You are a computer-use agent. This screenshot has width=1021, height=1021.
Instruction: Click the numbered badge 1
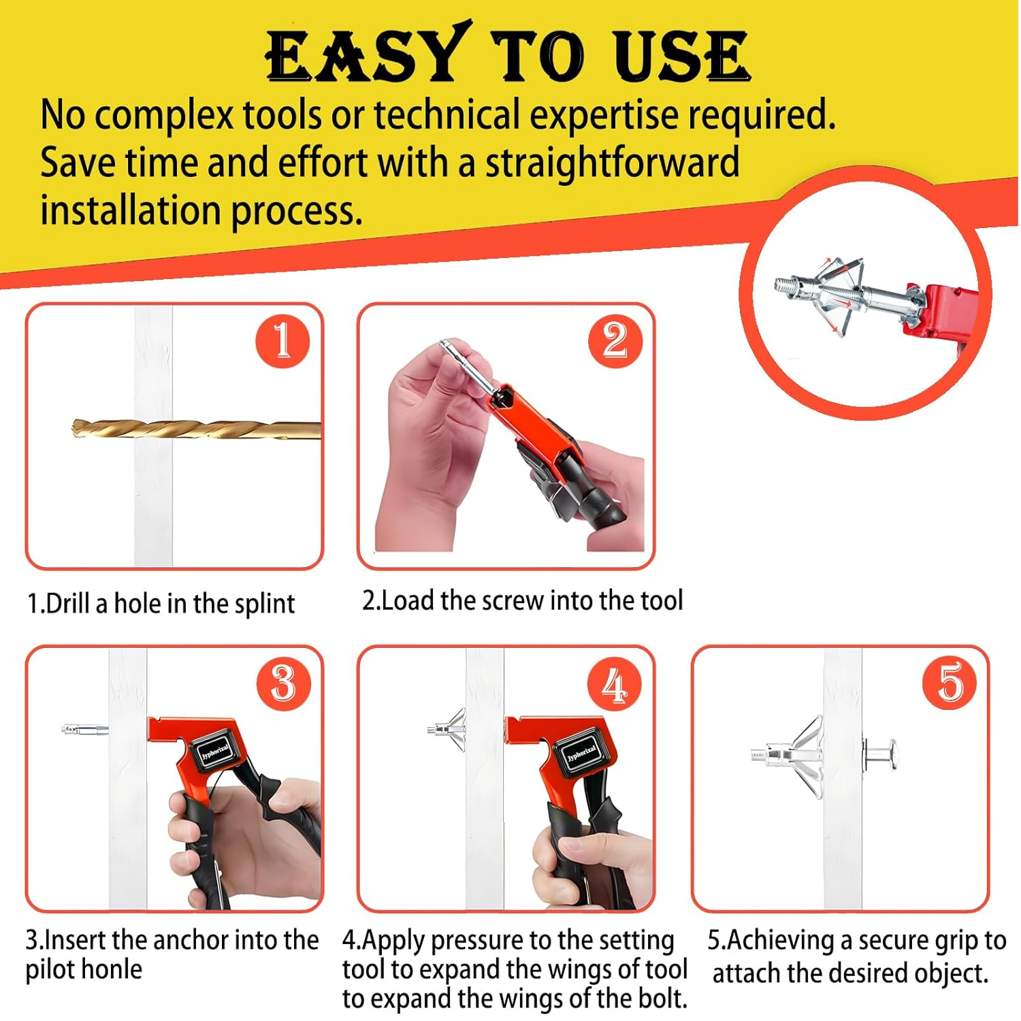282,341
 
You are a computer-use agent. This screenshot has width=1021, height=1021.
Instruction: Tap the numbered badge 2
615,341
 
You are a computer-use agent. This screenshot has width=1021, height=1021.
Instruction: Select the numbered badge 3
283,683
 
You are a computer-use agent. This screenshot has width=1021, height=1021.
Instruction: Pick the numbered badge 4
615,683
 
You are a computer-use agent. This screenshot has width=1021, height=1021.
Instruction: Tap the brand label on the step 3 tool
215,751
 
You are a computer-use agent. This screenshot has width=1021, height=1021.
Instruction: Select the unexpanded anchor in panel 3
84,730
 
